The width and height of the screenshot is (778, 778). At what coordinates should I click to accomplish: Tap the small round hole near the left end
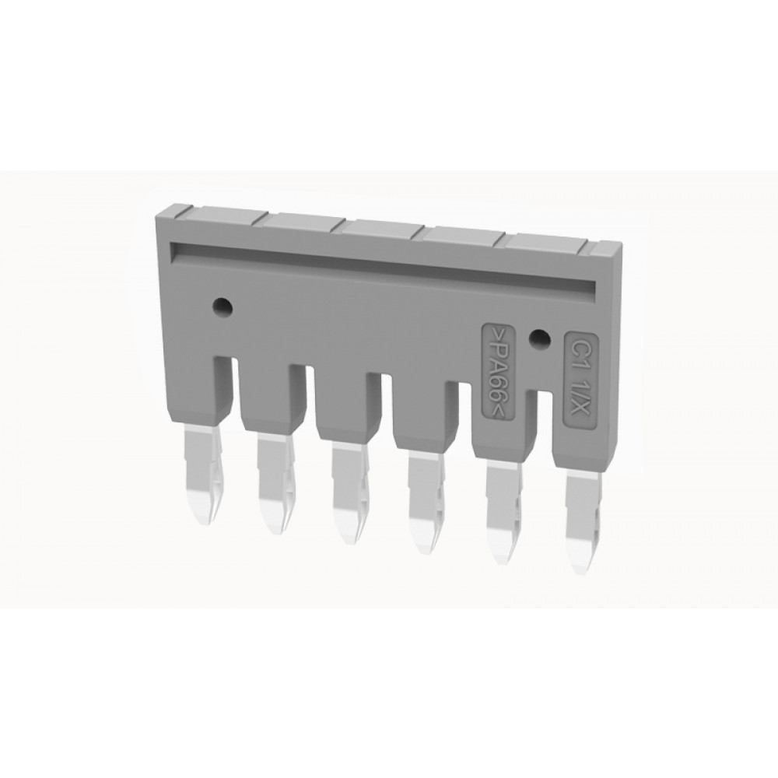[x=222, y=306]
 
